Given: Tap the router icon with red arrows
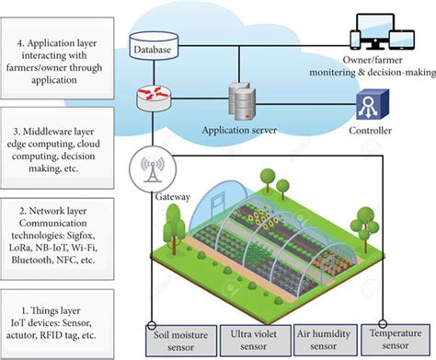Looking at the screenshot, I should [x=154, y=99].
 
